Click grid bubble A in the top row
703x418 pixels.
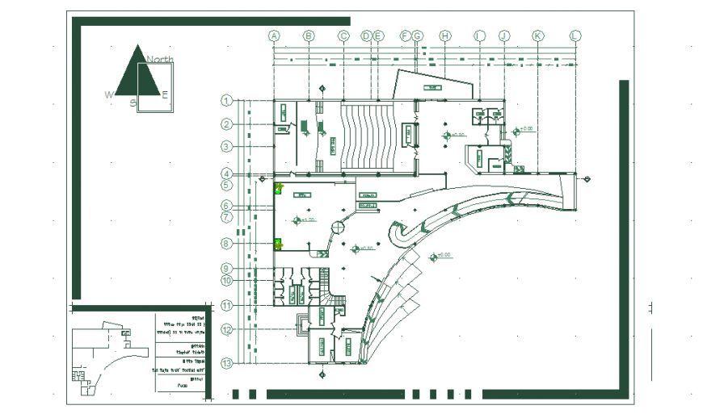[x=274, y=36]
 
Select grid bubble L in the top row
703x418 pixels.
[x=575, y=36]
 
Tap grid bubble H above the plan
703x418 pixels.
[x=444, y=36]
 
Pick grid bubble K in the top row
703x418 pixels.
[x=537, y=36]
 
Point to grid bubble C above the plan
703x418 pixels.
[x=343, y=36]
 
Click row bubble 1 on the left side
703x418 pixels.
[x=227, y=101]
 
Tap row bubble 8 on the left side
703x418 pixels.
[x=227, y=243]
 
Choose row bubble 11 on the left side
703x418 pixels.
[x=227, y=305]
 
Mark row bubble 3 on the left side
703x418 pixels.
[x=227, y=146]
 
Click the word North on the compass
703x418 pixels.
[x=160, y=60]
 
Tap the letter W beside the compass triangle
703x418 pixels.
[x=108, y=95]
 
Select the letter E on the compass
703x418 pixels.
[x=165, y=95]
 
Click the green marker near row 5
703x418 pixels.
[x=278, y=189]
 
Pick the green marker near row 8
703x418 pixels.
[x=278, y=243]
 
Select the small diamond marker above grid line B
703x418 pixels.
[x=322, y=88]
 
